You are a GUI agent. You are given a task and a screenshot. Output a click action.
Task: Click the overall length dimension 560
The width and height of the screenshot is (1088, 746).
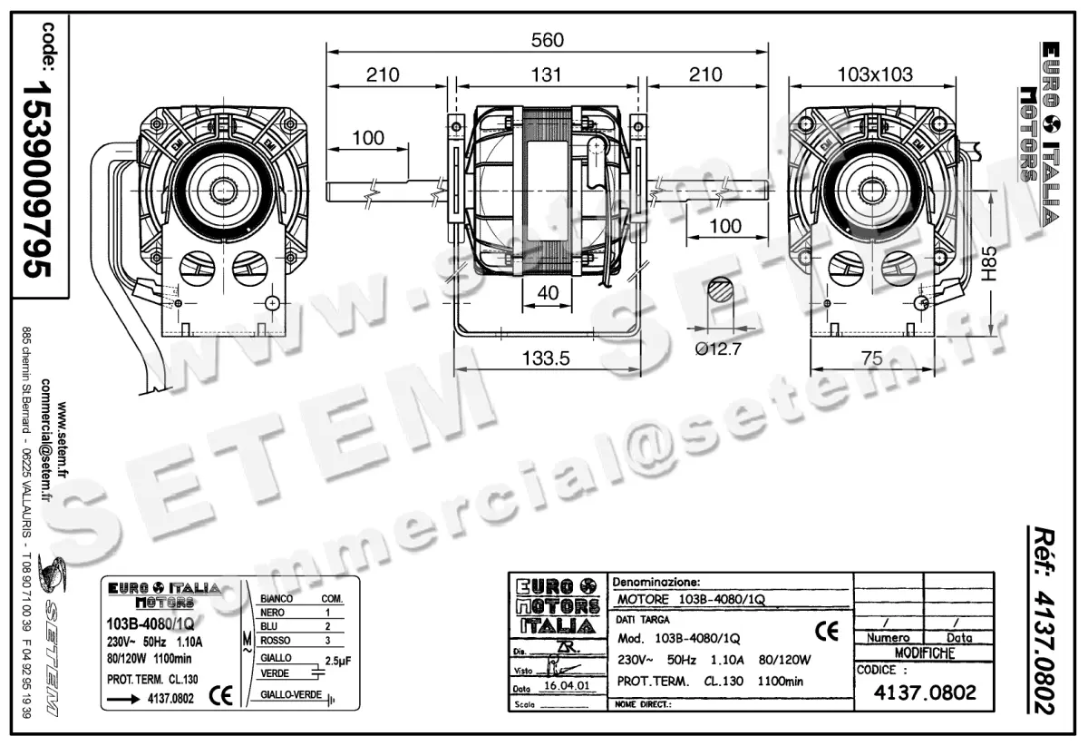547,40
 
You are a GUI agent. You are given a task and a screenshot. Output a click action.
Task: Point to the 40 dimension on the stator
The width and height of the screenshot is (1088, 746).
548,293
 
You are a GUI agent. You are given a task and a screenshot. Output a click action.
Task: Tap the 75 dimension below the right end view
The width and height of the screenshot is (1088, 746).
872,358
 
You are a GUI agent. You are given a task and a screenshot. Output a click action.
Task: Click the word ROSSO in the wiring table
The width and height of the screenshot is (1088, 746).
276,641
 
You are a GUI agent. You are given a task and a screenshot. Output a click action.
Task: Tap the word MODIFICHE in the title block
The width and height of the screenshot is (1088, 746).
923,653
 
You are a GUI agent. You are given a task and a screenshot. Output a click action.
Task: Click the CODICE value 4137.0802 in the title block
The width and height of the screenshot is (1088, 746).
924,693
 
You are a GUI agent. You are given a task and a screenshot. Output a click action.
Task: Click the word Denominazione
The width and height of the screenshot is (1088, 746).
656,581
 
